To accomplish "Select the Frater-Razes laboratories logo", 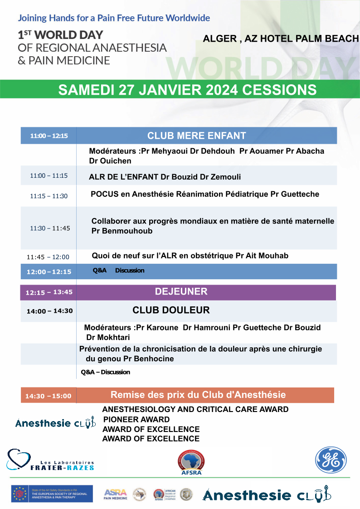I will pos(50,460).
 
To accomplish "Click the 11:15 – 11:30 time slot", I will pos(49,196).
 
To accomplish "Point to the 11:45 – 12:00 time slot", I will pos(48,257).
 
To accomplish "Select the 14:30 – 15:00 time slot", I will pos(48,396).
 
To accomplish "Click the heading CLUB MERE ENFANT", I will pos(196,136).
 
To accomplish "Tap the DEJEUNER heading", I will pos(181,291).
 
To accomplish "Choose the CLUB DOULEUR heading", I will pos(171,310).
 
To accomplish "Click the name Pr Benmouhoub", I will pos(122,231).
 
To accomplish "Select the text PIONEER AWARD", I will pos(136,420).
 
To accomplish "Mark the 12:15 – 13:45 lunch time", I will pos(49,292).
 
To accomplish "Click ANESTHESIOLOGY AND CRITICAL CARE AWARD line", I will pos(195,409).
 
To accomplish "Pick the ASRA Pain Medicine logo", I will pos(115,494).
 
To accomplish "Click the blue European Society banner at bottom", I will pos(52,494).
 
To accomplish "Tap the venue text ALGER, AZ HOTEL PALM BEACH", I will pos(281,39).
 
